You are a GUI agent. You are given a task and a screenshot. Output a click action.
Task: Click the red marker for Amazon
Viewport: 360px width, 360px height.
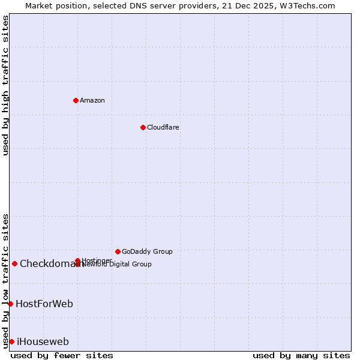point(76,100)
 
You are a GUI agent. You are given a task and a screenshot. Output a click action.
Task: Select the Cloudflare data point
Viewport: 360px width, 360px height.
point(143,127)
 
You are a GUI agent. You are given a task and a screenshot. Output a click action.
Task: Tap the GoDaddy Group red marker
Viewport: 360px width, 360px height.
point(118,251)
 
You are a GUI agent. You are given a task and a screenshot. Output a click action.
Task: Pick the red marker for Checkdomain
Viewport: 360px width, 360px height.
point(14,263)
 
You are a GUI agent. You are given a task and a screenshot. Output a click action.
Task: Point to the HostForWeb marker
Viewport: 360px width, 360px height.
point(10,304)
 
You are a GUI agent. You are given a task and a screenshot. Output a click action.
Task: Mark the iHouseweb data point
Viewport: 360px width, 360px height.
point(11,341)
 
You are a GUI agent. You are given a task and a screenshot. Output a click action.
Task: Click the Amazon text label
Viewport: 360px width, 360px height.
point(92,100)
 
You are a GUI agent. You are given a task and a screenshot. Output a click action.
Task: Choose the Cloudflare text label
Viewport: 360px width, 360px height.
point(163,127)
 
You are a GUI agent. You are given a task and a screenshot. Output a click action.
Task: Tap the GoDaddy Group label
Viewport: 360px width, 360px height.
point(147,251)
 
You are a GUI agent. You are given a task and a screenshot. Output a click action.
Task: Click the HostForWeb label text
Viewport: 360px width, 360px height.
point(44,304)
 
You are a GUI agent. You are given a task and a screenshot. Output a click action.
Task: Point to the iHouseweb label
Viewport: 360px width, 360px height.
point(43,341)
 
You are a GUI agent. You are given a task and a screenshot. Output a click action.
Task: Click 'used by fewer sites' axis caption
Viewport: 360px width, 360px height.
point(62,355)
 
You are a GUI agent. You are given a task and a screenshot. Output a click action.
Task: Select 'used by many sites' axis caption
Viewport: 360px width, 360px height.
point(301,355)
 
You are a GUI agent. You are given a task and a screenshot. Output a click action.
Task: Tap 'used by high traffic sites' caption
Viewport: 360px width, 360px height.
point(5,86)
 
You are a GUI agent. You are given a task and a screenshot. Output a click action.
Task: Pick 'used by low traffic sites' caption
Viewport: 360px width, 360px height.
point(5,280)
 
